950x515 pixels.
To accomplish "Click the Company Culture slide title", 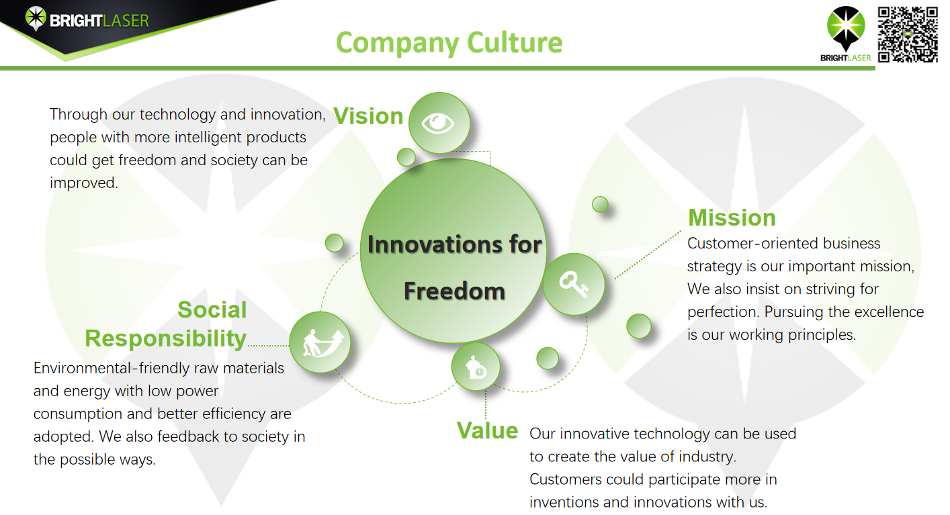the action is pyautogui.click(x=449, y=43).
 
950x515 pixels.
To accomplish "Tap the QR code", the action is pyautogui.click(x=908, y=34).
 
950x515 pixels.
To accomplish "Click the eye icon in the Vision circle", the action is pyautogui.click(x=437, y=124).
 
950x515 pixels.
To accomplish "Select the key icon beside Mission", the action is pyautogui.click(x=573, y=284).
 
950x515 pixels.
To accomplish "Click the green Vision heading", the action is pyautogui.click(x=368, y=116).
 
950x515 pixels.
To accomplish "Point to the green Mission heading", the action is pyautogui.click(x=732, y=218).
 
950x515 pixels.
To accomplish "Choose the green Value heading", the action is pyautogui.click(x=487, y=430).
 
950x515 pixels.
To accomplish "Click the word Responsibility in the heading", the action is pyautogui.click(x=165, y=338).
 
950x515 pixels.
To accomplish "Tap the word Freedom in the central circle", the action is pyautogui.click(x=454, y=291).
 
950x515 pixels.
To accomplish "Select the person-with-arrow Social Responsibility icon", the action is pyautogui.click(x=320, y=342).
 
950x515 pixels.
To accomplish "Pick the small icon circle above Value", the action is pyautogui.click(x=476, y=367).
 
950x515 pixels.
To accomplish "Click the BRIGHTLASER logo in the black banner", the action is pyautogui.click(x=87, y=19).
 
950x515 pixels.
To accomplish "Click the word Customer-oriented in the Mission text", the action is pyautogui.click(x=753, y=244).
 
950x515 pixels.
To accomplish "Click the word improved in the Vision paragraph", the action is pyautogui.click(x=83, y=183).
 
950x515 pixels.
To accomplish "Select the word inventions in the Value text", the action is pyautogui.click(x=564, y=502).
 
